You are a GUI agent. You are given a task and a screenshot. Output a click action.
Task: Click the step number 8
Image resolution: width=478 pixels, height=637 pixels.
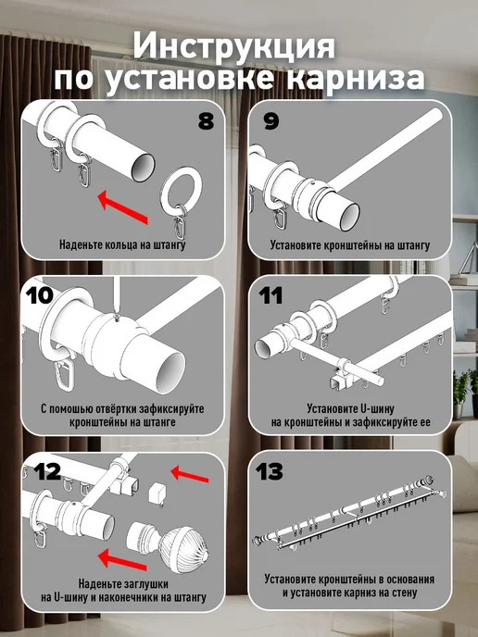pyautogui.click(x=206, y=120)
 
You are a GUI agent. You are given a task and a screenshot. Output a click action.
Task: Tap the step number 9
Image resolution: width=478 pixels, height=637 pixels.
pyautogui.click(x=271, y=121)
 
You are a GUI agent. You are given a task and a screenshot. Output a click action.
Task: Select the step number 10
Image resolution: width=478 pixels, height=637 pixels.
pyautogui.click(x=39, y=295)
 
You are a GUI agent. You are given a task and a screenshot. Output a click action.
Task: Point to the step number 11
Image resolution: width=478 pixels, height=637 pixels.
pyautogui.click(x=270, y=295)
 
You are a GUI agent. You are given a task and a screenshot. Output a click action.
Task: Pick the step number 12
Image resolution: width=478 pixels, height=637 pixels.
pyautogui.click(x=47, y=471)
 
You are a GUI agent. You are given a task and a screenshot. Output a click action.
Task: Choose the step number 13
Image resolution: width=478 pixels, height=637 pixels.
pyautogui.click(x=269, y=471)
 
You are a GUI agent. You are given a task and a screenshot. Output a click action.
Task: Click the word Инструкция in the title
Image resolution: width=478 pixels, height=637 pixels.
pyautogui.click(x=234, y=46)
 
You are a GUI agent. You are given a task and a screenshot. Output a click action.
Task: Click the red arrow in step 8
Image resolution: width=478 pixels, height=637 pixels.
pyautogui.click(x=123, y=207)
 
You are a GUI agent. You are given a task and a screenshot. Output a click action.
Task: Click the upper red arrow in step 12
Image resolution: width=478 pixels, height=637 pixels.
pyautogui.click(x=190, y=474)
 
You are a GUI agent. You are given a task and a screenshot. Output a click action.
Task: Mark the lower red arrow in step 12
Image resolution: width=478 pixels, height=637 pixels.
pyautogui.click(x=122, y=559)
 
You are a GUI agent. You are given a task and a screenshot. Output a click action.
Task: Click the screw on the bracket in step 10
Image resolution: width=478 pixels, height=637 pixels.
pyautogui.click(x=118, y=318)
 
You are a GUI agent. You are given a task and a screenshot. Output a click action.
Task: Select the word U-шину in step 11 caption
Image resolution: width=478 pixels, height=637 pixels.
pyautogui.click(x=377, y=408)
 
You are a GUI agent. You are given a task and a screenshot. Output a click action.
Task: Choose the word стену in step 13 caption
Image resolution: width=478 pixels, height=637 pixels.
pyautogui.click(x=405, y=593)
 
